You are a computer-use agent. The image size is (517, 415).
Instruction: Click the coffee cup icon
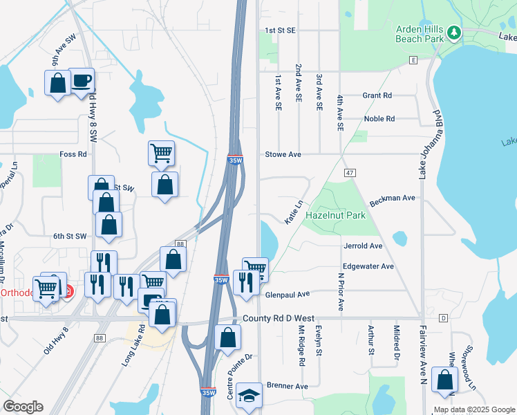point(81,81)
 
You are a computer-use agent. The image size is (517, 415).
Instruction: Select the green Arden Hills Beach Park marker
point(454,32)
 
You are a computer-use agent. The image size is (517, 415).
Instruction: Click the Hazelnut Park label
point(335,215)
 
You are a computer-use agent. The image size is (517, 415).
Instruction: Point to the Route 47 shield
point(350,172)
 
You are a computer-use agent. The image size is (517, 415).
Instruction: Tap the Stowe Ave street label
point(283,154)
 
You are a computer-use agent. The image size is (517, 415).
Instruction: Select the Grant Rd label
point(377,95)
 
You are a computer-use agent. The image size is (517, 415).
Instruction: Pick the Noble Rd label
point(379,119)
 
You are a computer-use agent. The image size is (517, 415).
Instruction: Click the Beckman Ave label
point(392,198)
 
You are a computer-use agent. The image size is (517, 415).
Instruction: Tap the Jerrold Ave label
point(362,246)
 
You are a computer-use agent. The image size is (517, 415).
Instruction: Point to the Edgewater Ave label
point(368,266)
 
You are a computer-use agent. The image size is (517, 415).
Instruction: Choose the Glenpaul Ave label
point(287,294)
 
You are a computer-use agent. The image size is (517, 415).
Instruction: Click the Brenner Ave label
point(286,385)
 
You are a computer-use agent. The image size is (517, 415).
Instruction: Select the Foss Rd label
point(73,154)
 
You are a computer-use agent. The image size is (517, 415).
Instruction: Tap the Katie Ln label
point(294,212)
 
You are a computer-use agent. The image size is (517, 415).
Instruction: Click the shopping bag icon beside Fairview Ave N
point(444,380)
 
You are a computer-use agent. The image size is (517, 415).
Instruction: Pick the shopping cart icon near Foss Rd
point(161,152)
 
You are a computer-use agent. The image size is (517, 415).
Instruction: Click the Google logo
point(23,407)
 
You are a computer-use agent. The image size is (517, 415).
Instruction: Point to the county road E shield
point(413,61)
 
